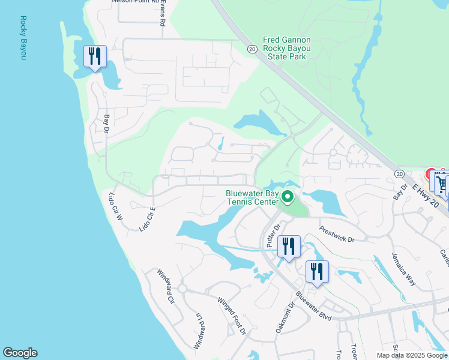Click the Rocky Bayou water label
23,38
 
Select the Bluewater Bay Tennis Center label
252,197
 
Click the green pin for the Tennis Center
288,197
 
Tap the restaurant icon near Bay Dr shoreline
95,56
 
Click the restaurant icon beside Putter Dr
289,246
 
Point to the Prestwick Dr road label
337,233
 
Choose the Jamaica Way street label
402,268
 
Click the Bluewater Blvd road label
313,304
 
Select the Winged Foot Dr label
232,316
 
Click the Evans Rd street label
163,12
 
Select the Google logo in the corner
20,353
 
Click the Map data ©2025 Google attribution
411,355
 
